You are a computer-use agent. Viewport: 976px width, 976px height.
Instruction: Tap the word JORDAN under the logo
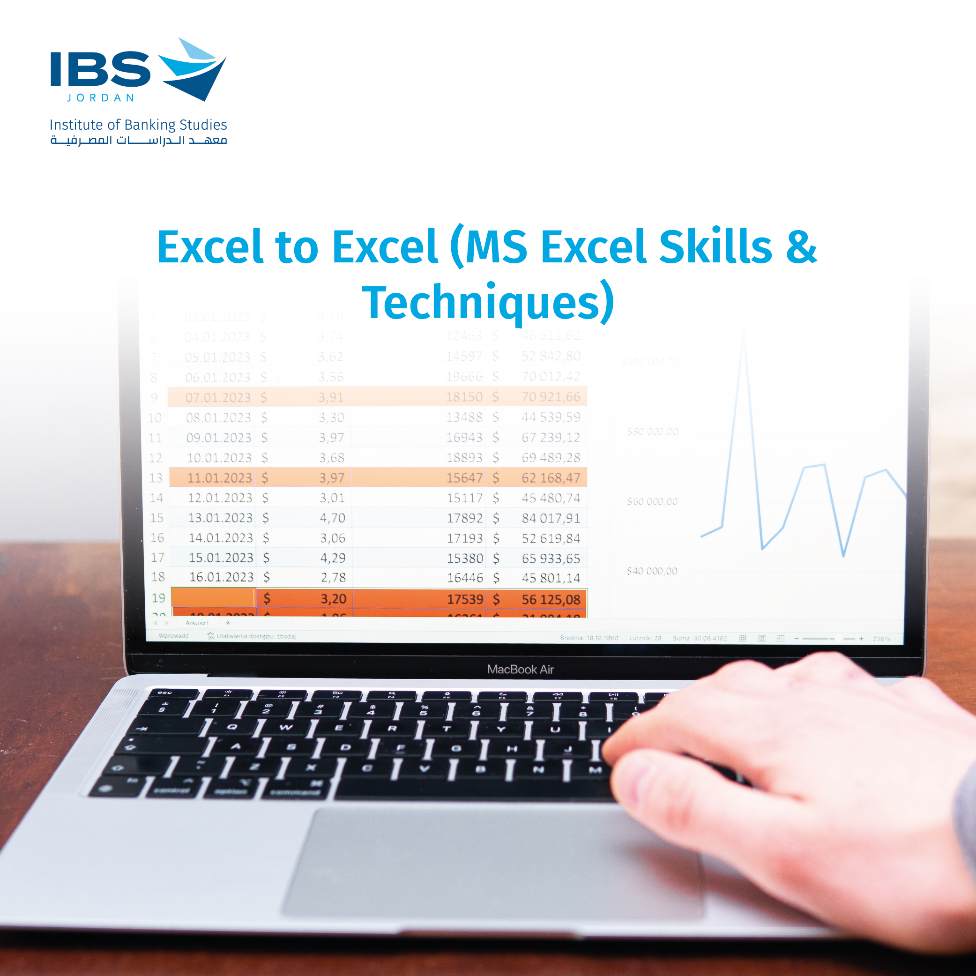(x=101, y=97)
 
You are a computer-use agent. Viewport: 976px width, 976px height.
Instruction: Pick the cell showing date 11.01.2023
(x=219, y=478)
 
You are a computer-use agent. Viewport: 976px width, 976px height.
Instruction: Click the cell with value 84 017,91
(x=551, y=518)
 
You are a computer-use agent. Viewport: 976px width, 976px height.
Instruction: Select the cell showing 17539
(x=465, y=600)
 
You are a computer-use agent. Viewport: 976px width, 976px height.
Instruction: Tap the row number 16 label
(x=157, y=538)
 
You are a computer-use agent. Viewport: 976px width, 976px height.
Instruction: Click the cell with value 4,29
(x=332, y=558)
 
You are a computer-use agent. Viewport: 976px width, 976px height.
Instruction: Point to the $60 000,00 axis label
(x=652, y=502)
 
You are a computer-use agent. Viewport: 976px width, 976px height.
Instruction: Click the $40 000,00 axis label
(x=652, y=571)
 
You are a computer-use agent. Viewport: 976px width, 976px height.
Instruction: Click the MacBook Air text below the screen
(x=521, y=670)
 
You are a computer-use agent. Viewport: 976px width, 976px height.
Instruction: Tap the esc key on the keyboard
(x=164, y=693)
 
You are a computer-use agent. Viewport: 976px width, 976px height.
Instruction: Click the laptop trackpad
(x=492, y=864)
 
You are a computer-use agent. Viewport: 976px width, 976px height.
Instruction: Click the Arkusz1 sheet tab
(x=197, y=623)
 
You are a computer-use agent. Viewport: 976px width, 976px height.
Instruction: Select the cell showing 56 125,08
(x=551, y=600)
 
